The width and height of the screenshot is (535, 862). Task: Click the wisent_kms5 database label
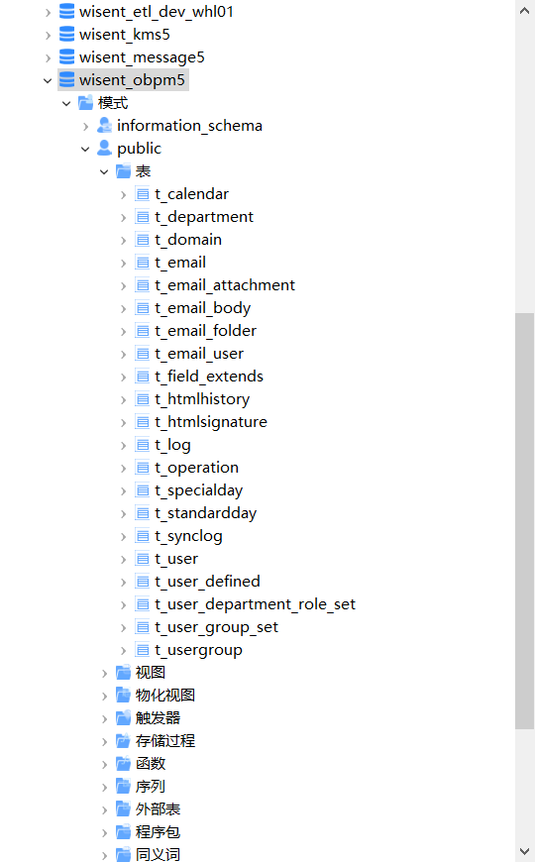(124, 35)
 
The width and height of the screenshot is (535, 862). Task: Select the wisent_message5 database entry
(142, 57)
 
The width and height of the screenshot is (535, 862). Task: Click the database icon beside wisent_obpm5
(66, 79)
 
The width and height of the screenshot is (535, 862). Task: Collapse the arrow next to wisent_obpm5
(48, 81)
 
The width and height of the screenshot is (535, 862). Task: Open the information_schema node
(189, 126)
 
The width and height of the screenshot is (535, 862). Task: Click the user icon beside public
(104, 148)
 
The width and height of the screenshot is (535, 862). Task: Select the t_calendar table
(191, 194)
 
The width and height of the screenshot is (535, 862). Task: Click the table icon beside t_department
(143, 217)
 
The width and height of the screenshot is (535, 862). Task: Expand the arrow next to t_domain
(123, 240)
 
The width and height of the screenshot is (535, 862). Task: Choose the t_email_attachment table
(225, 285)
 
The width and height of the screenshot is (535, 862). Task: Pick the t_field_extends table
(209, 377)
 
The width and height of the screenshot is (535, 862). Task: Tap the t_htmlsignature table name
(211, 422)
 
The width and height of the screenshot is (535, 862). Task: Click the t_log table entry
(172, 445)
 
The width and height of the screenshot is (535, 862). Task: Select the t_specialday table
(199, 490)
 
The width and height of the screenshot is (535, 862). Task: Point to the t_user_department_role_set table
(256, 604)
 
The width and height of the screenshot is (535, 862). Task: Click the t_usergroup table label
(198, 650)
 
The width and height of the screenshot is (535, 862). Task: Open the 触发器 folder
(158, 718)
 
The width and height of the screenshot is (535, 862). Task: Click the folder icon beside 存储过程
(123, 741)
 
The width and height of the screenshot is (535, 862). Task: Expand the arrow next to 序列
(104, 788)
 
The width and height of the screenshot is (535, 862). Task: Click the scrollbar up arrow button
(524, 11)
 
